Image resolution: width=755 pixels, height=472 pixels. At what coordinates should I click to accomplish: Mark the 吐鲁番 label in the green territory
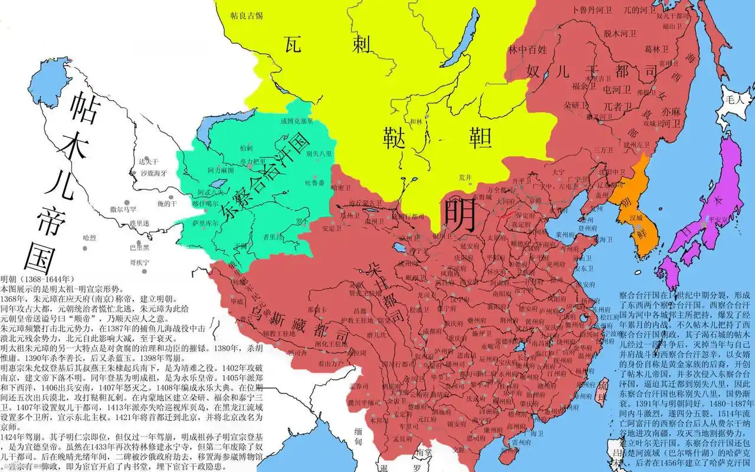(314, 183)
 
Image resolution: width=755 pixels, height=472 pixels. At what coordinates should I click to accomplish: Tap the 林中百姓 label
(530, 48)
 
